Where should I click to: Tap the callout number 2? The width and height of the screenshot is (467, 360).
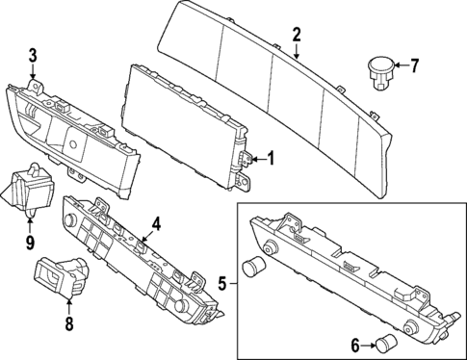298,35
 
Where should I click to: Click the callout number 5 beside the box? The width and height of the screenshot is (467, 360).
222,284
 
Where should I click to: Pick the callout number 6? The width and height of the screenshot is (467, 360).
354,343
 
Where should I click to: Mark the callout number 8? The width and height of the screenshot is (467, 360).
68,324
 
